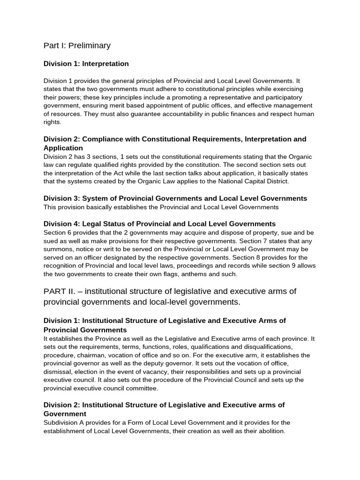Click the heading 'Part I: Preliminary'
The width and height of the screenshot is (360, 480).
pos(77,45)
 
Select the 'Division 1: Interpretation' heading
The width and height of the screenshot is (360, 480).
pos(86,63)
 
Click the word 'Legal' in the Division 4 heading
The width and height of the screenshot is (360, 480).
pos(91,224)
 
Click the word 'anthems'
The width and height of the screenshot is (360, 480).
pos(191,275)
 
